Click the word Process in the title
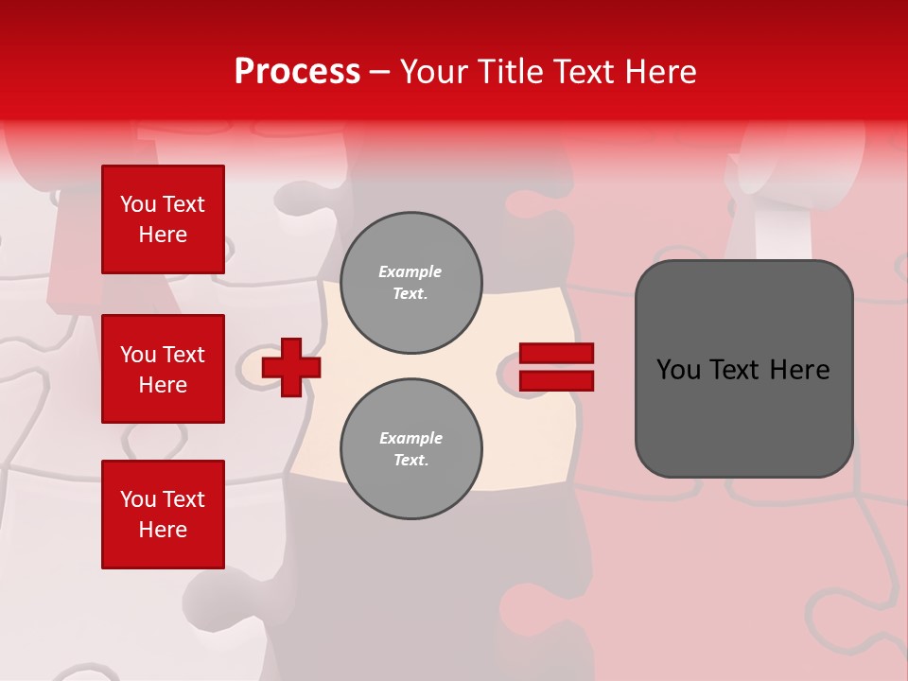(x=297, y=72)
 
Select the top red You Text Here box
(x=163, y=219)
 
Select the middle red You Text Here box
(x=163, y=369)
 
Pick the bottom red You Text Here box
(x=163, y=515)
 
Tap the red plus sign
(x=291, y=368)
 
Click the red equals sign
(x=557, y=367)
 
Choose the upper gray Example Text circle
(x=410, y=282)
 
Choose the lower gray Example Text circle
(x=410, y=449)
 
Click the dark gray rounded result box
(x=743, y=368)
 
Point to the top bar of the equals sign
(x=557, y=354)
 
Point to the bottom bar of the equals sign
(x=557, y=380)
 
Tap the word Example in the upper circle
(x=410, y=271)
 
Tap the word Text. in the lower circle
(x=410, y=461)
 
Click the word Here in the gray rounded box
(x=799, y=370)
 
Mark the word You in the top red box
(x=137, y=204)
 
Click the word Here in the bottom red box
(x=163, y=530)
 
